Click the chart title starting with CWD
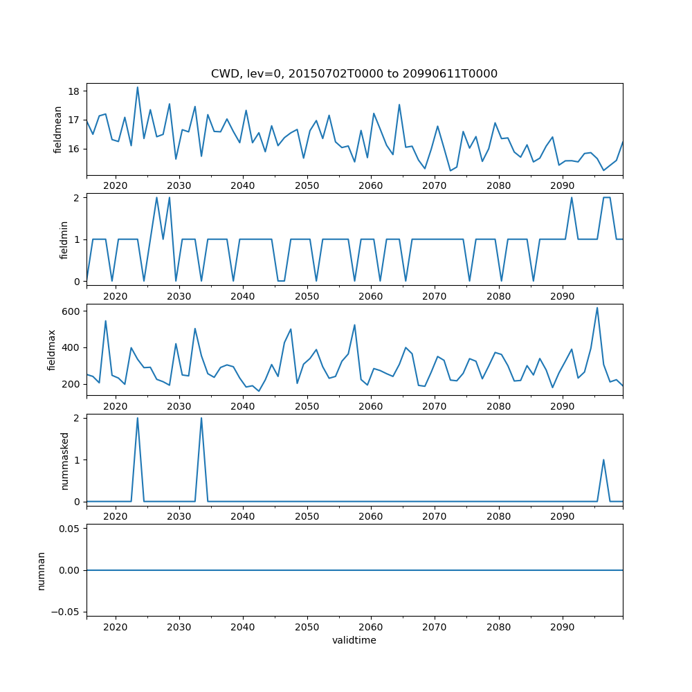click(x=354, y=73)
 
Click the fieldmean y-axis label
click(x=58, y=129)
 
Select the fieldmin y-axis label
click(x=64, y=239)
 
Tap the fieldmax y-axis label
click(x=52, y=349)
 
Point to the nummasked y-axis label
click(x=64, y=461)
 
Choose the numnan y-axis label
click(x=42, y=570)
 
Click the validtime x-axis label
click(x=354, y=641)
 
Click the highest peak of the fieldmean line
click(x=138, y=87)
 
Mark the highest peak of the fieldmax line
click(x=597, y=308)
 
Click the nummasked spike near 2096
click(x=603, y=459)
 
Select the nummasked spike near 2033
click(x=201, y=418)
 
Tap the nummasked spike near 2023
click(x=138, y=418)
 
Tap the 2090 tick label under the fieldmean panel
click(x=562, y=186)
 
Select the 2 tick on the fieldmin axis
click(x=78, y=197)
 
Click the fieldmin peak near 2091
click(x=572, y=198)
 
